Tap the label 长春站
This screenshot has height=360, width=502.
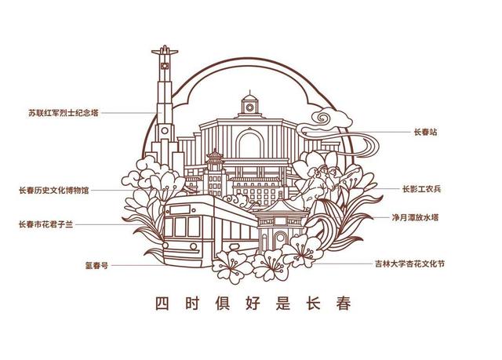[x=424, y=133]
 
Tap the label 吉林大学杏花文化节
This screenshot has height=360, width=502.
[x=409, y=265]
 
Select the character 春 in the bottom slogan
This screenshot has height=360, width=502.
[x=340, y=302]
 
